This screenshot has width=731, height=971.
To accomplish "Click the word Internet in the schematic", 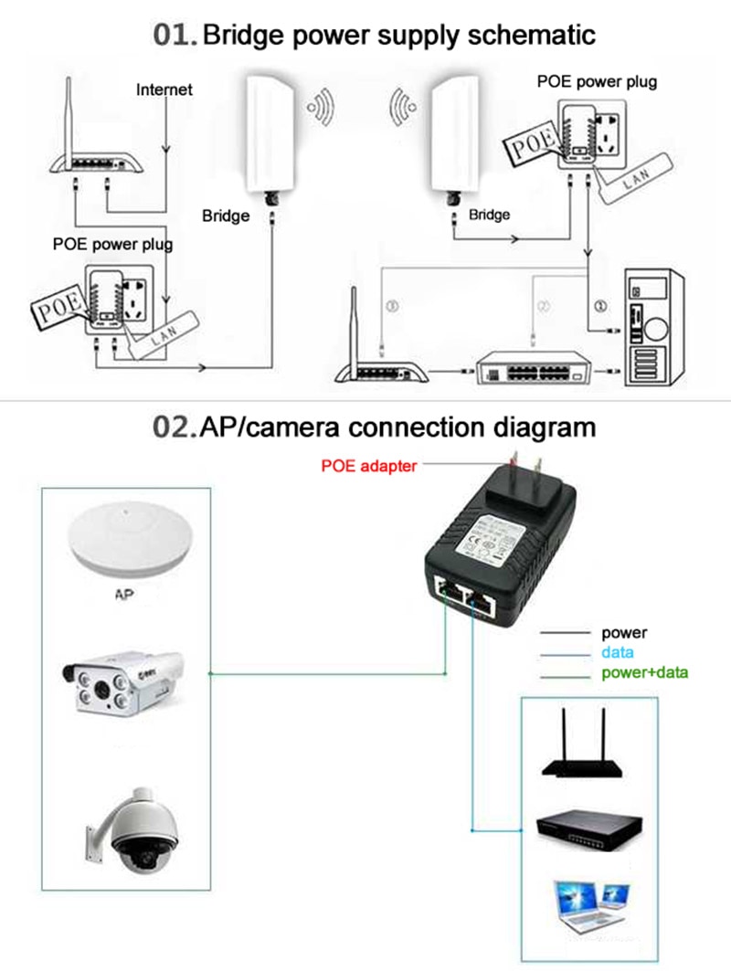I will [164, 90].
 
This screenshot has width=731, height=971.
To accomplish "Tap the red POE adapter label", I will [368, 466].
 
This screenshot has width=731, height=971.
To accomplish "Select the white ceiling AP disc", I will [128, 545].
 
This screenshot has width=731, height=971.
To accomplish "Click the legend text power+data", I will [644, 673].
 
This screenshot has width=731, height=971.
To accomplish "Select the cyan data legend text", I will [618, 653].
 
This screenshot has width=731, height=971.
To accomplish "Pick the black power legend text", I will [624, 632].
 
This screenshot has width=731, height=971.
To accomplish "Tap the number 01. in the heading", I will [175, 36].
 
